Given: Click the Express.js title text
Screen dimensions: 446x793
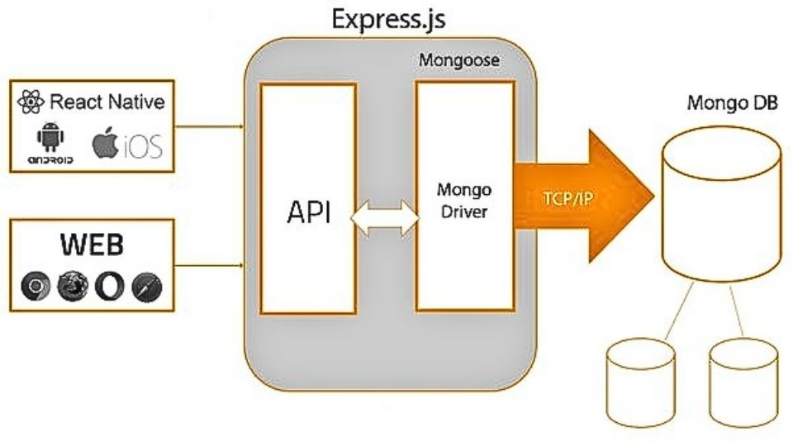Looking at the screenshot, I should click(x=387, y=18).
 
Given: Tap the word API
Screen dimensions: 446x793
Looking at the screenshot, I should click(x=309, y=212).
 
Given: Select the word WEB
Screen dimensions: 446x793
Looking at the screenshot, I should click(x=92, y=245).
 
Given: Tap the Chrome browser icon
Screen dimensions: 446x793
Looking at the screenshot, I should click(x=36, y=286).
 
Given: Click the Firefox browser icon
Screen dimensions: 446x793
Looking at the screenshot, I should click(x=71, y=286).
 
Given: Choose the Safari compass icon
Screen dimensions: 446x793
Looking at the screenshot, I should click(x=147, y=286).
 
